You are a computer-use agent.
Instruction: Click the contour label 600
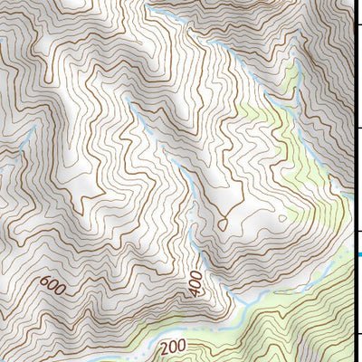point(53,288)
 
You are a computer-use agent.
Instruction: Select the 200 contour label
point(174,347)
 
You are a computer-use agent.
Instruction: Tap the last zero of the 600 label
point(62,292)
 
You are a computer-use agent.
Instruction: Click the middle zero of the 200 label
point(174,347)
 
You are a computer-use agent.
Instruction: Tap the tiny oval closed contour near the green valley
point(282,217)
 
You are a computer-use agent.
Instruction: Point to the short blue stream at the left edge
point(5,168)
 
